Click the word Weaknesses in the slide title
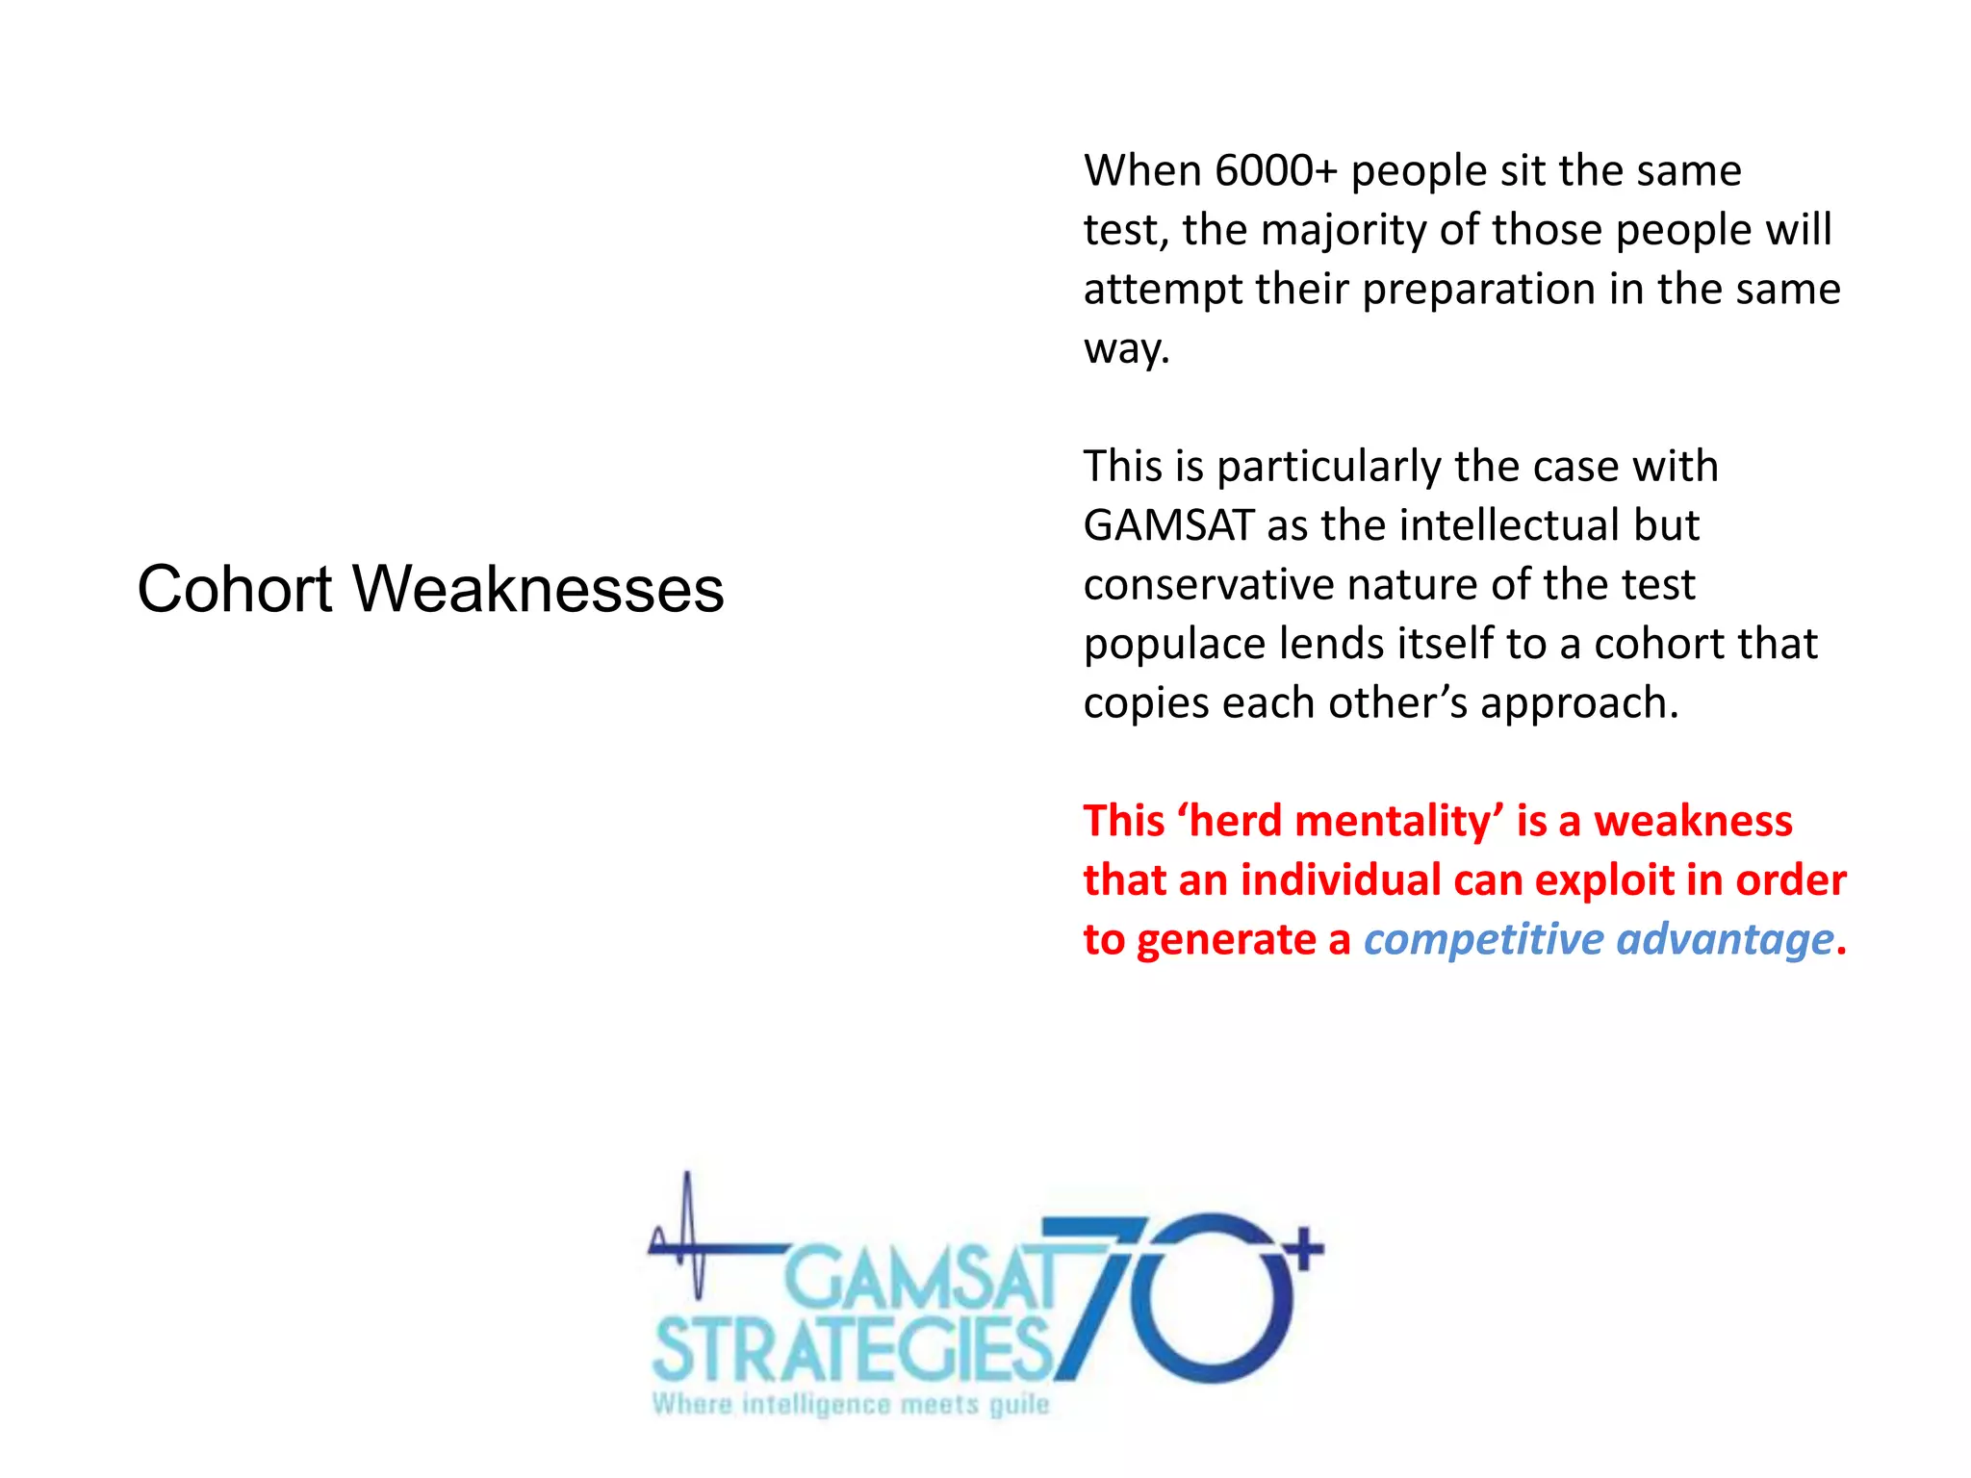(538, 589)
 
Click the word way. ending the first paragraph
(1126, 349)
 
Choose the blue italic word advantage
(1725, 940)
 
